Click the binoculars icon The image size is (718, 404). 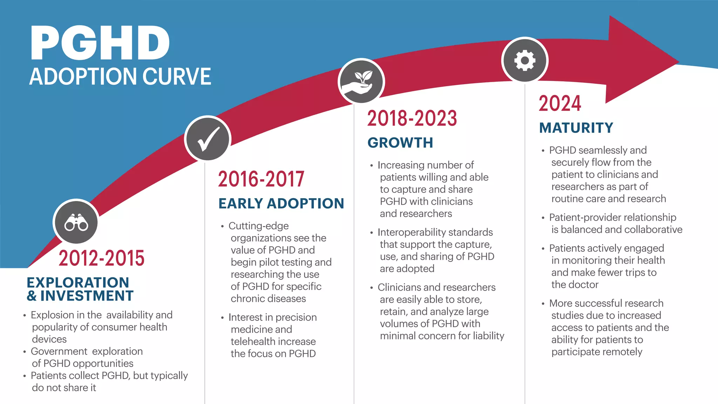click(x=76, y=222)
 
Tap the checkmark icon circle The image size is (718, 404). click(x=208, y=139)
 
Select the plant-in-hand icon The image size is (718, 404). click(x=361, y=81)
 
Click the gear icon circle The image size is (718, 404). click(x=524, y=60)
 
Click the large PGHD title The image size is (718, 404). click(x=100, y=43)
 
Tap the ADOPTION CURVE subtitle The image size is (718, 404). click(x=120, y=76)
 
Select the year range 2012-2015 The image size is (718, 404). click(x=101, y=258)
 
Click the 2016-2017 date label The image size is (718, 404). click(x=261, y=179)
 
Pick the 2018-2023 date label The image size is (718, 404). click(x=412, y=119)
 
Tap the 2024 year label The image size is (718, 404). click(x=560, y=104)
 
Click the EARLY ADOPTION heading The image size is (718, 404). click(x=281, y=203)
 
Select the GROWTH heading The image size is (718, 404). click(x=400, y=143)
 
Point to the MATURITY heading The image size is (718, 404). click(x=576, y=128)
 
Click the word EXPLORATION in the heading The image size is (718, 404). click(x=78, y=282)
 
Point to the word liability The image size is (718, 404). click(x=488, y=336)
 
